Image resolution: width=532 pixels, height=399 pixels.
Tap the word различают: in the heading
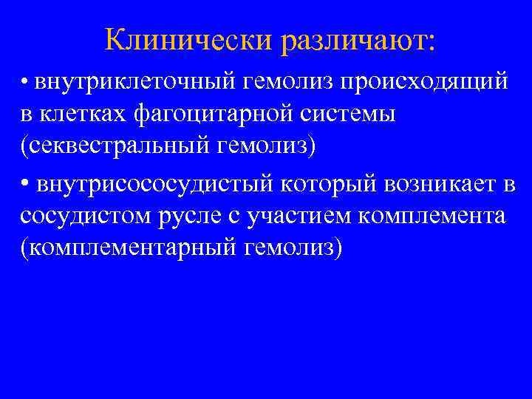358,41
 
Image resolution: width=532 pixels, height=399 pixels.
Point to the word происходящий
423,83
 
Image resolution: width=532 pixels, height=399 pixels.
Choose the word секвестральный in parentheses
122,146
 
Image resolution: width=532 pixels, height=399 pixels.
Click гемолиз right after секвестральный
267,146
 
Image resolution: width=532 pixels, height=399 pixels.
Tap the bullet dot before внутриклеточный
25,81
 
